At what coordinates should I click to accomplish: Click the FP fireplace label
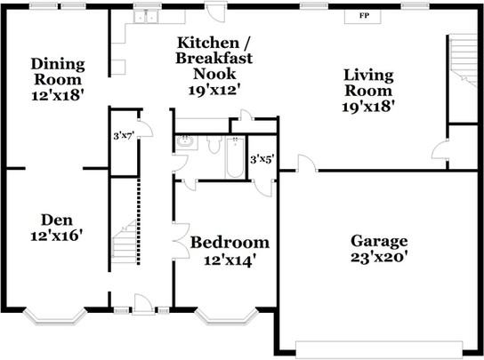coord(364,15)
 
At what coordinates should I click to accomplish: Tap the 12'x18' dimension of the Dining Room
coord(58,95)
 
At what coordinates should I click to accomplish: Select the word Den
coord(57,220)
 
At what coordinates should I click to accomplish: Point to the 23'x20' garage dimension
coord(379,257)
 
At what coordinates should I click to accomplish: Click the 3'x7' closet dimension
coord(124,136)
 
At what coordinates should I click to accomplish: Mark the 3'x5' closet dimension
coord(262,159)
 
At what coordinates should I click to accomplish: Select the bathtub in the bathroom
coord(235,157)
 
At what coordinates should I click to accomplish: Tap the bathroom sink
coord(186,143)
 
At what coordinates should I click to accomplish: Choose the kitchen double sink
coord(146,17)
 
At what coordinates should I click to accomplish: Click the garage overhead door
coord(379,348)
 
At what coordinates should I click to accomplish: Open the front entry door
coord(142,305)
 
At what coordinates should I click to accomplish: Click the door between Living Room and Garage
coord(307,164)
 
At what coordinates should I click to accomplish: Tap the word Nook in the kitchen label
coord(214,74)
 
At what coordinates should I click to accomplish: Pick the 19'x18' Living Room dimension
coord(368,107)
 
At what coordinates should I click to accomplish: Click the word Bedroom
coord(230,243)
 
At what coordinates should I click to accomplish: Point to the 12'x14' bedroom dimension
coord(230,260)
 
